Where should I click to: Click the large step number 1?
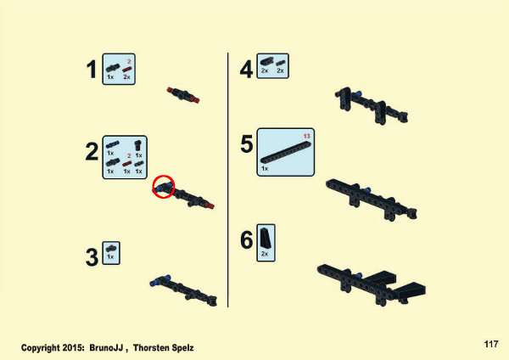click(92, 70)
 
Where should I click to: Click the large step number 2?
click(92, 152)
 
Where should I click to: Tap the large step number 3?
click(92, 257)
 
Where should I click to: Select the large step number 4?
click(246, 70)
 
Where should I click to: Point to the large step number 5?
click(247, 144)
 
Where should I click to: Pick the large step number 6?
click(247, 240)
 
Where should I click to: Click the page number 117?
click(491, 344)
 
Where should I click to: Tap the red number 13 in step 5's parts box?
click(307, 136)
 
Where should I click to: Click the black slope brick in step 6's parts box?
click(265, 238)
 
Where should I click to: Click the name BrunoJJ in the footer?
click(106, 347)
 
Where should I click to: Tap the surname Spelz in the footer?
click(182, 348)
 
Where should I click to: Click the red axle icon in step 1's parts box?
click(127, 70)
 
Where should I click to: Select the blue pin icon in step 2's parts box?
click(112, 145)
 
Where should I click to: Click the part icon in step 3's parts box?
click(111, 249)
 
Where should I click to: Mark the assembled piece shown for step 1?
click(183, 95)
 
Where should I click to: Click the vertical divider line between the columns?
click(228, 180)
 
